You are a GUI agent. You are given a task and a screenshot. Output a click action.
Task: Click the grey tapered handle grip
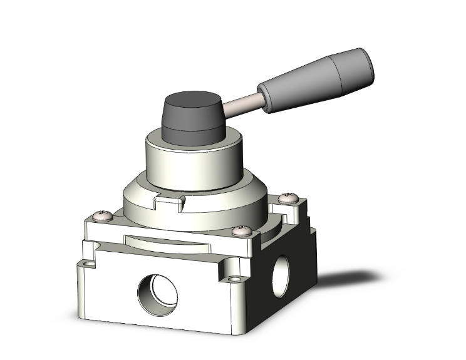click(316, 82)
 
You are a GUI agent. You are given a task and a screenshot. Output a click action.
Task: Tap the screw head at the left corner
click(101, 217)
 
